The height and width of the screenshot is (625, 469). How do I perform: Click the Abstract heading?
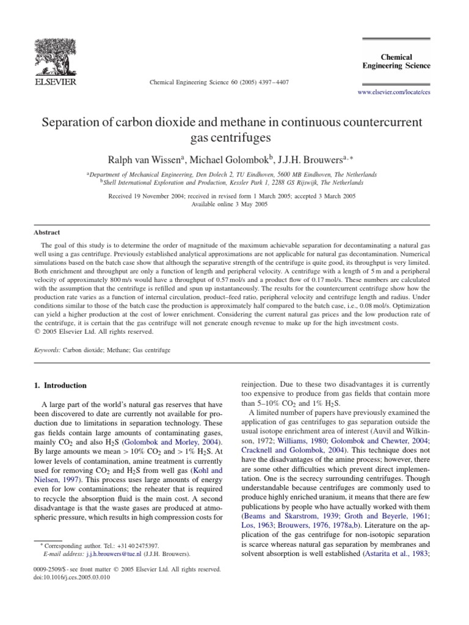(48, 232)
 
